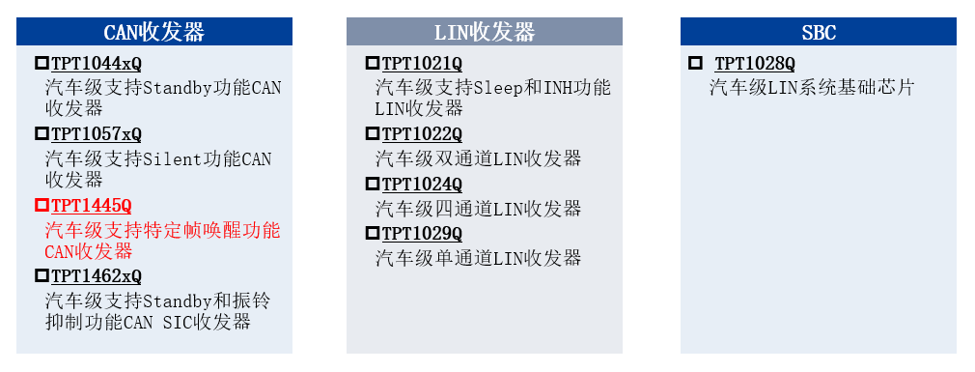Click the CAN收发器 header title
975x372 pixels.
point(154,32)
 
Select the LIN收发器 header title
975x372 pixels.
point(485,32)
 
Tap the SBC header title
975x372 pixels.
point(819,32)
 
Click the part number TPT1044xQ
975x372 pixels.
point(97,64)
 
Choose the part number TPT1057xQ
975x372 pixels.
point(97,134)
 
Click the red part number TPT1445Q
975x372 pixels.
point(91,205)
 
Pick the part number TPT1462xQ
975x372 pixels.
point(97,275)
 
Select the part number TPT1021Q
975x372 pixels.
point(422,64)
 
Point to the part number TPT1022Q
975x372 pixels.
point(422,134)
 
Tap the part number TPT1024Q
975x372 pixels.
point(422,184)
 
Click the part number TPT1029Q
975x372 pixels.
point(422,234)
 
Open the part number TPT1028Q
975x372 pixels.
point(755,64)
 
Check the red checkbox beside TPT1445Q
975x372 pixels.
point(42,205)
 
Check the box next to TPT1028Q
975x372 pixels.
point(695,64)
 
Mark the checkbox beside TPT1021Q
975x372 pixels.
point(372,64)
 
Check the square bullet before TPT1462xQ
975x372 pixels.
point(42,275)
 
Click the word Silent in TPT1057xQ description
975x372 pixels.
point(170,158)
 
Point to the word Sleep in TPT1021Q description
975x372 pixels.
point(499,88)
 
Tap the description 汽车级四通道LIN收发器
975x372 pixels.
point(478,209)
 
